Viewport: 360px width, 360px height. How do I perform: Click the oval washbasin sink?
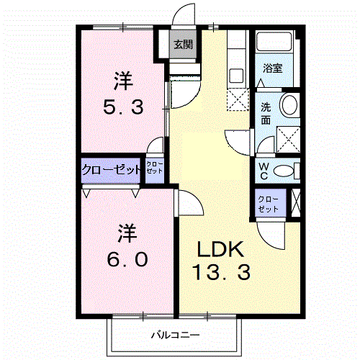click(289, 105)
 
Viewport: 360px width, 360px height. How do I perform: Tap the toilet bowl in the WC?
click(284, 171)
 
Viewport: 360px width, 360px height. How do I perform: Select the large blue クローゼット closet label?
click(111, 171)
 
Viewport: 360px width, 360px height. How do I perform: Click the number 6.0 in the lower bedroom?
click(127, 258)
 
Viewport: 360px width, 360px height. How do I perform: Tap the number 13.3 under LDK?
click(222, 272)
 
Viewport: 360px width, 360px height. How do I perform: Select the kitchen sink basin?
click(236, 73)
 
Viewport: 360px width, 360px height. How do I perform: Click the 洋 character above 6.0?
click(127, 233)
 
